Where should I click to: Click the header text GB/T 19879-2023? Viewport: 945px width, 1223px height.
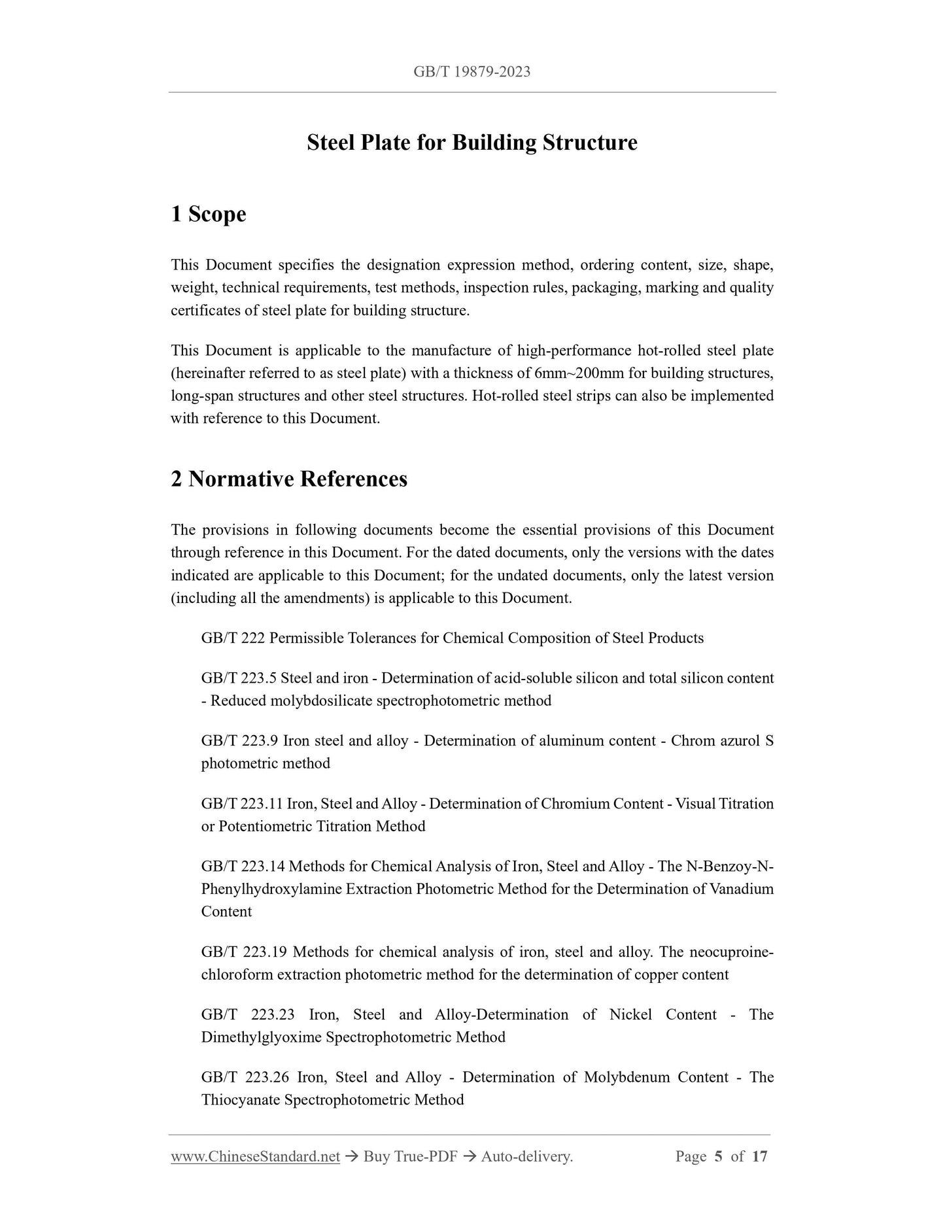click(x=472, y=72)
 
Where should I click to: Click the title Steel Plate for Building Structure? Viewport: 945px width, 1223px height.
click(x=472, y=143)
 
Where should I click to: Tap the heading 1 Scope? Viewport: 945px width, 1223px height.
click(x=208, y=214)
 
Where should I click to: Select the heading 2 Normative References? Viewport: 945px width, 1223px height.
click(x=288, y=479)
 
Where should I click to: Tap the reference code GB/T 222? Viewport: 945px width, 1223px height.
click(x=233, y=638)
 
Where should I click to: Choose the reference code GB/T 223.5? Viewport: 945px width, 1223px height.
click(x=239, y=678)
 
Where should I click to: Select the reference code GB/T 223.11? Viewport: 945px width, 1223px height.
click(x=242, y=804)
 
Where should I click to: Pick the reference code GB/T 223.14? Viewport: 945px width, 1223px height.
click(x=243, y=867)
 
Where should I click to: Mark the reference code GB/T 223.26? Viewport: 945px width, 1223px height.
click(x=245, y=1077)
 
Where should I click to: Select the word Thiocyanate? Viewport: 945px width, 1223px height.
click(x=241, y=1100)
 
